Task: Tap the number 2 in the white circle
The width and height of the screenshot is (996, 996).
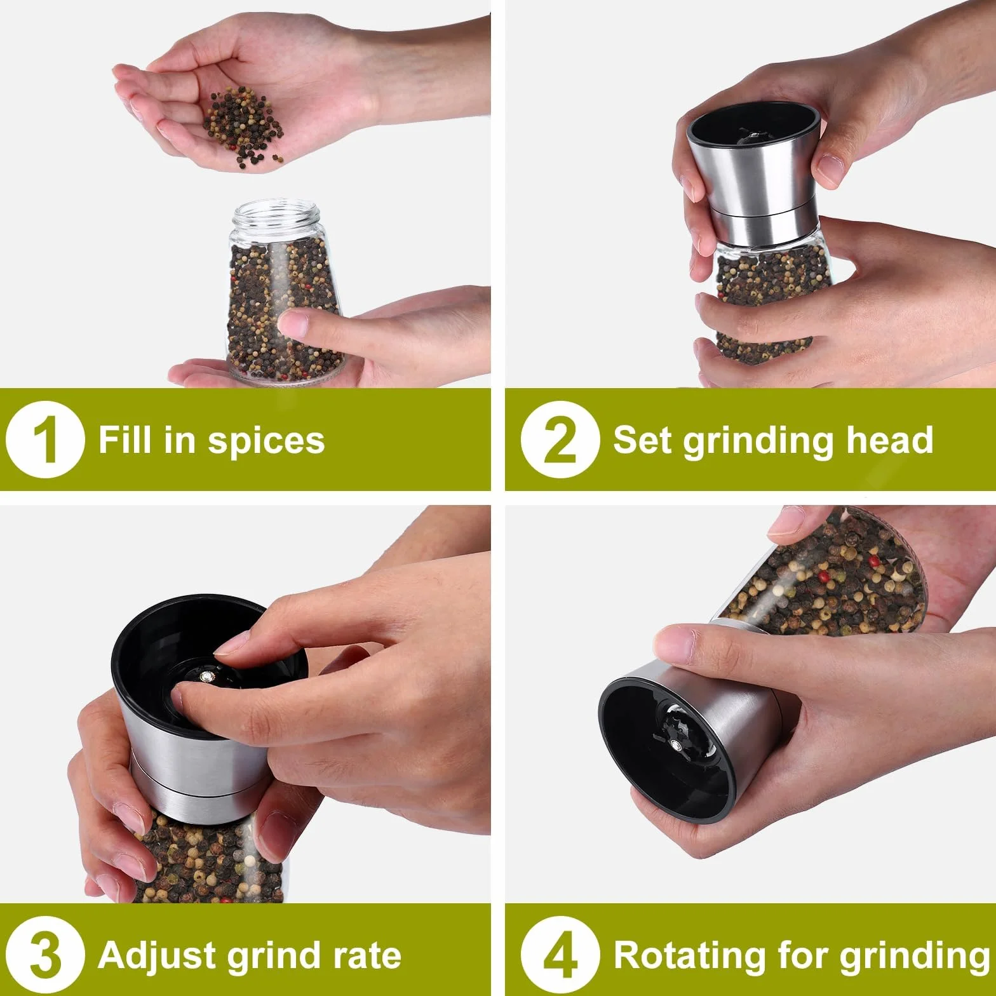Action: coord(559,441)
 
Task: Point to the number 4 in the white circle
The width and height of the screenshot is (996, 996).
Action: coord(559,956)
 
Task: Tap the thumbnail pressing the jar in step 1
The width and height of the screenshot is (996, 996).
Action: coord(293,323)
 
